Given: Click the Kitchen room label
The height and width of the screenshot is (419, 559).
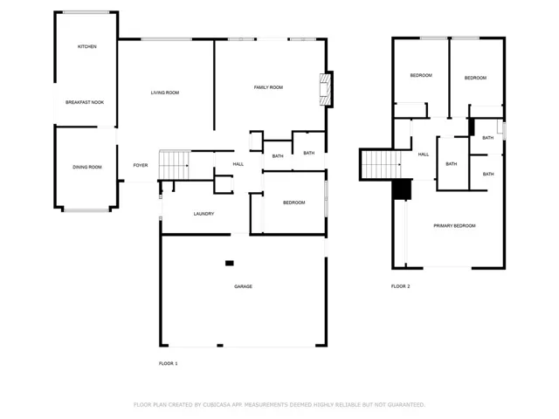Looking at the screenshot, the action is (87, 46).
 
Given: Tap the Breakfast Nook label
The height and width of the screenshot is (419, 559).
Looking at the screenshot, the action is (85, 102).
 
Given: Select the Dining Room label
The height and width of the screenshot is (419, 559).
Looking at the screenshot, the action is (87, 167).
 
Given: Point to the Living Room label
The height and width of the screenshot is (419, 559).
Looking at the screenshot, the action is (165, 93).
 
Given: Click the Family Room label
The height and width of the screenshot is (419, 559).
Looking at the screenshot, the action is (268, 87).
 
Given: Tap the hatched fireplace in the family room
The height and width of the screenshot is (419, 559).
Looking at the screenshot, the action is (326, 89).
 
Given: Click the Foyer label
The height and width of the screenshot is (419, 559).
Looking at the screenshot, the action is (141, 165).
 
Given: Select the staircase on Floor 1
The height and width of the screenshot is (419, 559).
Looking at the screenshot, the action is (174, 165).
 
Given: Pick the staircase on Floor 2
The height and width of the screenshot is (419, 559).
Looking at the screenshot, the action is (382, 164).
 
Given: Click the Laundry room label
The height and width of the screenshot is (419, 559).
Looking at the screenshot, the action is (204, 214).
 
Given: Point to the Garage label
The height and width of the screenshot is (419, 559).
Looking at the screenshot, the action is (243, 286).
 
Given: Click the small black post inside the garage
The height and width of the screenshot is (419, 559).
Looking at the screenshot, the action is (230, 264).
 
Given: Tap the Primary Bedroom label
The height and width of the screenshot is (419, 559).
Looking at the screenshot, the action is (454, 226).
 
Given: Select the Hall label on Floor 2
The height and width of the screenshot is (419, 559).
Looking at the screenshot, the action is (424, 155).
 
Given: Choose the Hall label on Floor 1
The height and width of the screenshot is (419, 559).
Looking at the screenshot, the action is (238, 164).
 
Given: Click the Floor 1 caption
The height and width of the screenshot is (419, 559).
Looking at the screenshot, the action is (169, 363).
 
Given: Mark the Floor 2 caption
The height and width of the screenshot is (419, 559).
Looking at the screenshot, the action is (401, 286).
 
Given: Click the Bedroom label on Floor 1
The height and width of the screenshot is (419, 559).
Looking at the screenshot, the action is (294, 203).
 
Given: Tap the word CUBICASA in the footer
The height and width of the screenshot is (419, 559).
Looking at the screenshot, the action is (217, 405).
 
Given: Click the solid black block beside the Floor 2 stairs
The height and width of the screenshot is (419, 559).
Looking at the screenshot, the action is (402, 189).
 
